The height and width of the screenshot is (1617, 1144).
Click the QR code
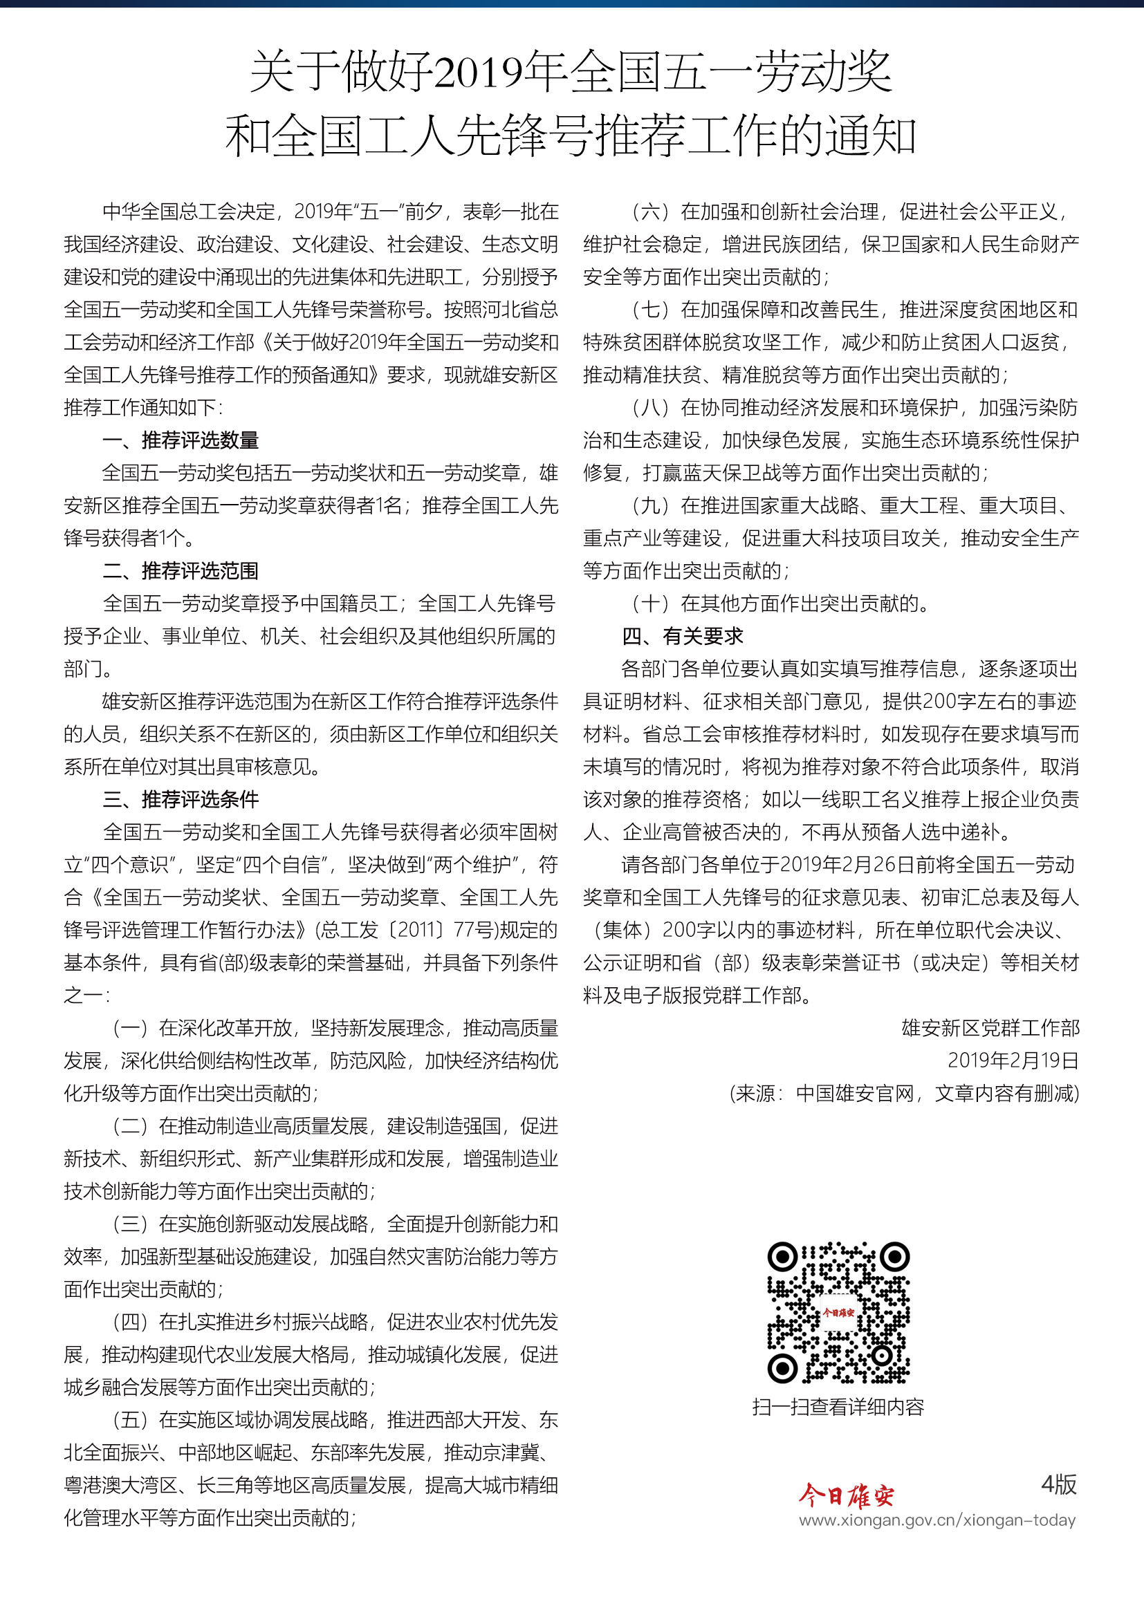point(838,1313)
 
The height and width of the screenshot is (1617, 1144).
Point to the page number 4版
point(1059,1484)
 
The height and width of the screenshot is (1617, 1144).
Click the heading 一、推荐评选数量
point(181,440)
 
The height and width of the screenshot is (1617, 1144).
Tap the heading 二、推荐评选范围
point(181,570)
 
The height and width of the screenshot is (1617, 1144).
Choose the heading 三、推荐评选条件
point(181,799)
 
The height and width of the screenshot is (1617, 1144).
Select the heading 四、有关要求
point(683,636)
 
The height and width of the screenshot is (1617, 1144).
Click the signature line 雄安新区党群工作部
point(990,1028)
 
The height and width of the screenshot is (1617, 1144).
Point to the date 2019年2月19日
point(1013,1060)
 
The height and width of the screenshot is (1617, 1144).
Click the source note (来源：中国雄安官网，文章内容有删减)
point(905,1093)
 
